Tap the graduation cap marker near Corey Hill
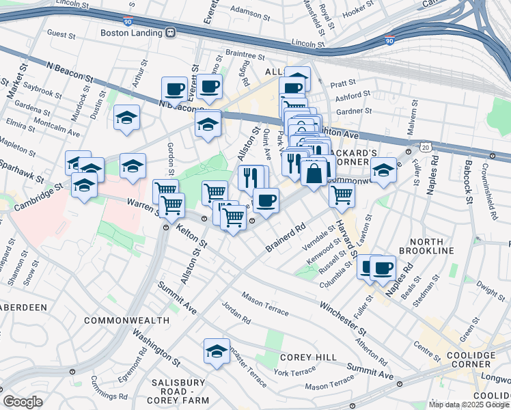tap(217, 351)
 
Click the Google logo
tap(23, 402)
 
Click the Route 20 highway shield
tap(426, 148)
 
